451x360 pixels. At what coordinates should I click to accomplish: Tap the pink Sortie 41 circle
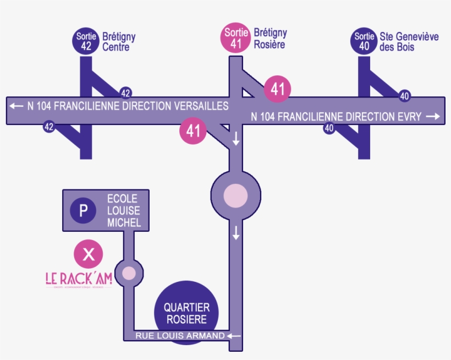(x=236, y=39)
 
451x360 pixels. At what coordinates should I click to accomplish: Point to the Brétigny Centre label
(x=118, y=42)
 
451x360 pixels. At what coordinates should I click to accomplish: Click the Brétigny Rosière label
(x=269, y=39)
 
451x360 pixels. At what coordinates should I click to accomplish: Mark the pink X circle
(x=88, y=254)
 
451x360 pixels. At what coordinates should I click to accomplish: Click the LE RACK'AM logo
(x=79, y=279)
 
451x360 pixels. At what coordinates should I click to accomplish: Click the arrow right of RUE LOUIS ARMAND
(x=235, y=336)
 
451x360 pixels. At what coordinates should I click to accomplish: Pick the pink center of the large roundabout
(x=236, y=196)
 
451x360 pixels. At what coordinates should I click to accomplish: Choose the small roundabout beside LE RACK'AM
(x=129, y=272)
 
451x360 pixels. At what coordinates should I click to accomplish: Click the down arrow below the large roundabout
(x=236, y=233)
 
